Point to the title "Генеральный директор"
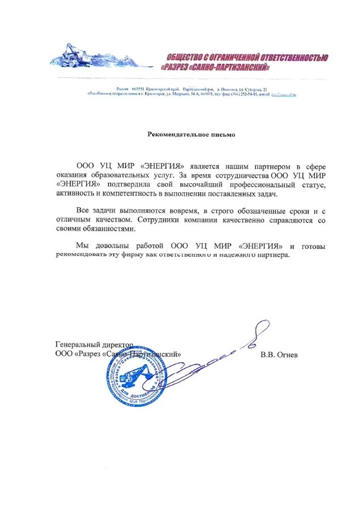(94, 344)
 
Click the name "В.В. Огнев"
(279, 355)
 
